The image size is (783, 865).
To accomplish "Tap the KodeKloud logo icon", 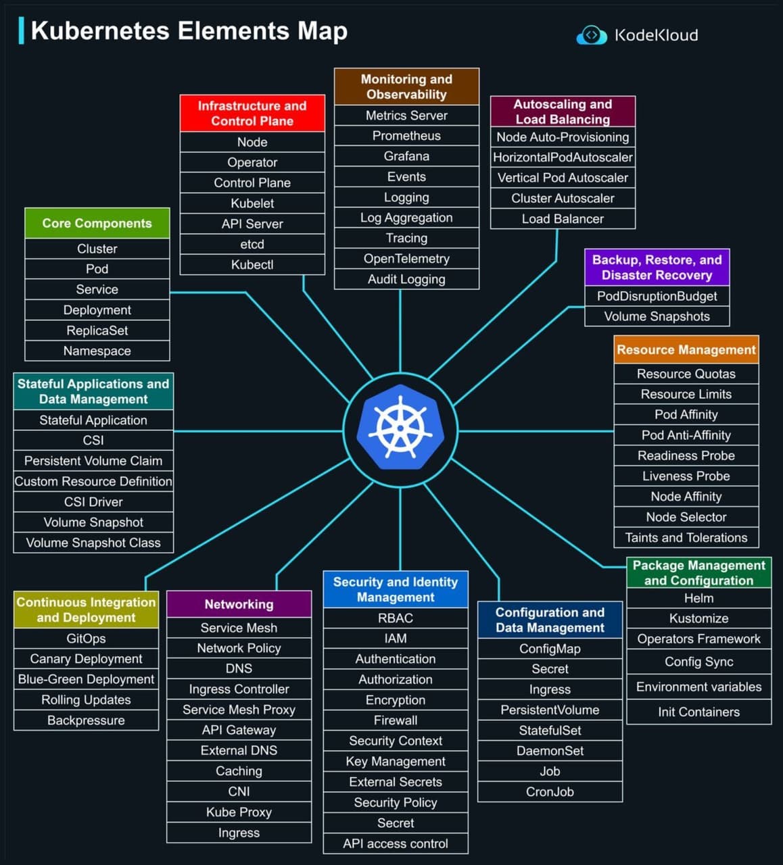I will [x=591, y=35].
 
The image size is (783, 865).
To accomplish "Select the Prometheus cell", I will [x=406, y=136].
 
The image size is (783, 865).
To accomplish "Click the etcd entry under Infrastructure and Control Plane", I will [x=252, y=244].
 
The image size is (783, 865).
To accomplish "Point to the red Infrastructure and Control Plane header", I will [x=252, y=114].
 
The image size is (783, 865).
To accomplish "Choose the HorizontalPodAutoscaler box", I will [x=563, y=157].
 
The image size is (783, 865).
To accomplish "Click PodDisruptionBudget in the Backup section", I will [x=657, y=296].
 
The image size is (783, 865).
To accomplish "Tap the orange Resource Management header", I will [x=686, y=350].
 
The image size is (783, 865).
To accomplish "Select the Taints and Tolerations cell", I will [x=686, y=538].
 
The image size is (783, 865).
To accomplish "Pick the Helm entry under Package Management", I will [x=698, y=598].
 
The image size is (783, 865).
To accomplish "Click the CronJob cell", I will [x=550, y=792].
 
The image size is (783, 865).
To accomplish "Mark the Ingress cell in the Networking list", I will [x=239, y=833].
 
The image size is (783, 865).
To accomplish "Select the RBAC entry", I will [x=396, y=618].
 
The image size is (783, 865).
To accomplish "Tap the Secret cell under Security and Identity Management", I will [x=396, y=823].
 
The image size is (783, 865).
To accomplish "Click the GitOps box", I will [x=86, y=639].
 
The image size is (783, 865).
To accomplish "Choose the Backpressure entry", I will [x=86, y=720].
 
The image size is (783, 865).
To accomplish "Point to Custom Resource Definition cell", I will [x=93, y=482].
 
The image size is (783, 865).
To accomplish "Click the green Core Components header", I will [x=97, y=224].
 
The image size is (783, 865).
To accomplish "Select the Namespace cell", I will [x=97, y=351].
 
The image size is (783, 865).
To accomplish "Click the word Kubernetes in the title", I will [x=100, y=31].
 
